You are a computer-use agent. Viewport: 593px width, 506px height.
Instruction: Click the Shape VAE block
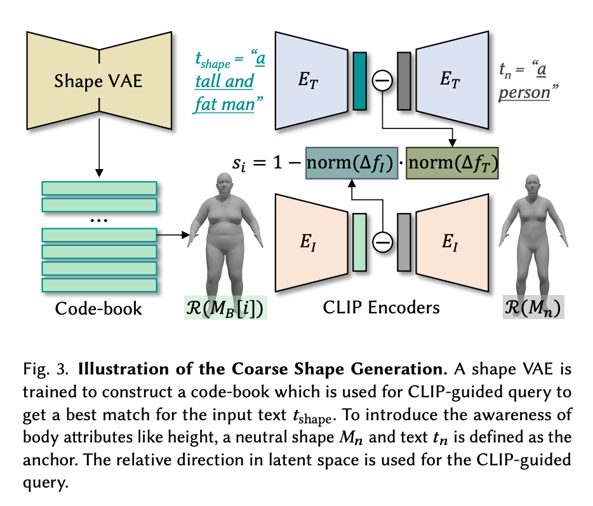coord(99,81)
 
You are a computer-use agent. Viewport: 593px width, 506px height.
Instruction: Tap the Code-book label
coord(98,309)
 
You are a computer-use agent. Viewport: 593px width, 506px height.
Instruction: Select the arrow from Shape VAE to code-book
coord(99,153)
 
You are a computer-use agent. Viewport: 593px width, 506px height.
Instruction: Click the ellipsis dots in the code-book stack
coord(99,221)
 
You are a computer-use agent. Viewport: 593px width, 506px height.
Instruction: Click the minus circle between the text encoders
coord(382,81)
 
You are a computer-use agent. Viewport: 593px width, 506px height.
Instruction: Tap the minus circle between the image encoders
coord(382,242)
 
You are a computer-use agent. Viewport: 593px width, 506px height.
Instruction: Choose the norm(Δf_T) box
coord(452,165)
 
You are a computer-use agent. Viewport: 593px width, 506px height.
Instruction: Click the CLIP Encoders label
coord(381,308)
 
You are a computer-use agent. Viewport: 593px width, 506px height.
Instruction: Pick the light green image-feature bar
coord(359,242)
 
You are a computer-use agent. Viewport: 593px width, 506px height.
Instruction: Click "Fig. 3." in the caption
coord(58,369)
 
